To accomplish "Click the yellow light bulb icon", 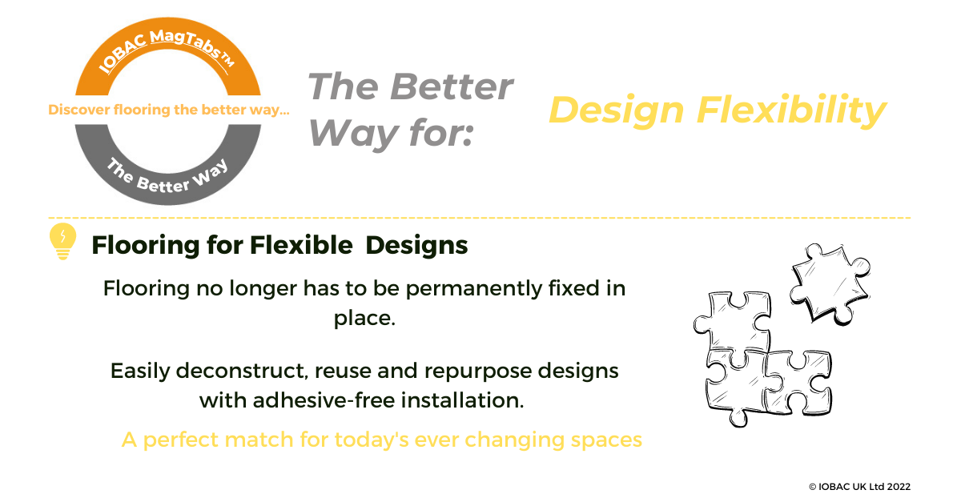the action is (x=62, y=241).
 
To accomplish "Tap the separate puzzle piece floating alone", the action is (x=830, y=284).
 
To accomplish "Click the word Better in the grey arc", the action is (x=163, y=184).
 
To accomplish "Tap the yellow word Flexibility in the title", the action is (x=791, y=110).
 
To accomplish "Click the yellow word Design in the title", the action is (x=616, y=110).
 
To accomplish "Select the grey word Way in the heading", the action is (x=353, y=134).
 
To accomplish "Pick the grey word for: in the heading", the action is (x=440, y=132).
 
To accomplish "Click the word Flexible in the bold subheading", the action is (x=301, y=245).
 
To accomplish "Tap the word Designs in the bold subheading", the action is (x=416, y=246).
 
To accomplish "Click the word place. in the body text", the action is (x=364, y=319).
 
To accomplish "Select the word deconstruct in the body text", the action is (x=242, y=370).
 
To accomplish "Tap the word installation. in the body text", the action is (x=463, y=400).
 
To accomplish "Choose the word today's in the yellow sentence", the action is (x=372, y=440).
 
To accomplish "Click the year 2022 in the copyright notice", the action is (x=899, y=487).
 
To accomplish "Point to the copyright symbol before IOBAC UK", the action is (x=813, y=487).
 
